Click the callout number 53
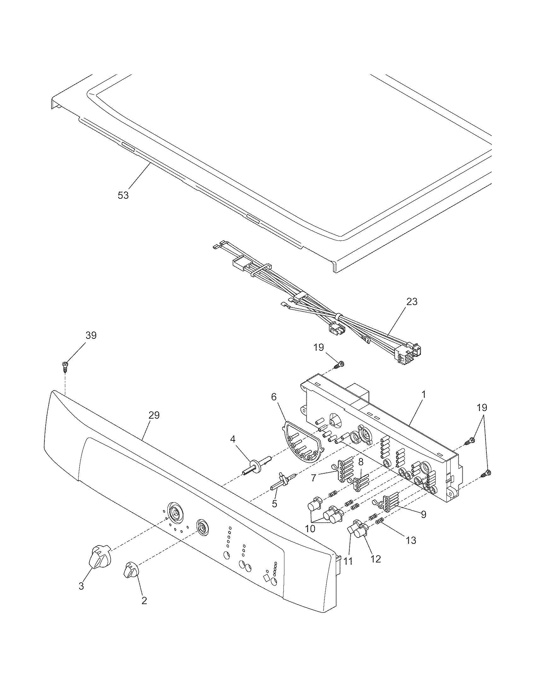(123, 195)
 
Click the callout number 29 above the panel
(154, 415)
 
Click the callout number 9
(423, 514)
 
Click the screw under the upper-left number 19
(340, 364)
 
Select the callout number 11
(348, 561)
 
